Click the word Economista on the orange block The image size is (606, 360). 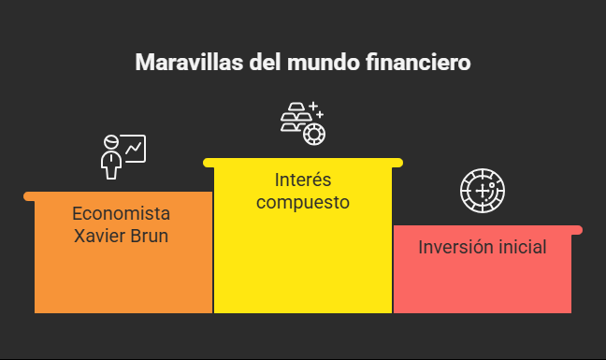122,212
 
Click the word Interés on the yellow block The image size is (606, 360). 302,179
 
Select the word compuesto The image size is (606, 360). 302,202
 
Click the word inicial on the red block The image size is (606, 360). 519,248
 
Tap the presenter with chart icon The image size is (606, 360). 123,155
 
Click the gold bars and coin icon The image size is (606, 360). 301,122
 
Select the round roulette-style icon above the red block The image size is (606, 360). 483,191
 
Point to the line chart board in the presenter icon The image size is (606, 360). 134,148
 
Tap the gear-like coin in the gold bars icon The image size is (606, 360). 313,133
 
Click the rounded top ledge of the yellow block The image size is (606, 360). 302,163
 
